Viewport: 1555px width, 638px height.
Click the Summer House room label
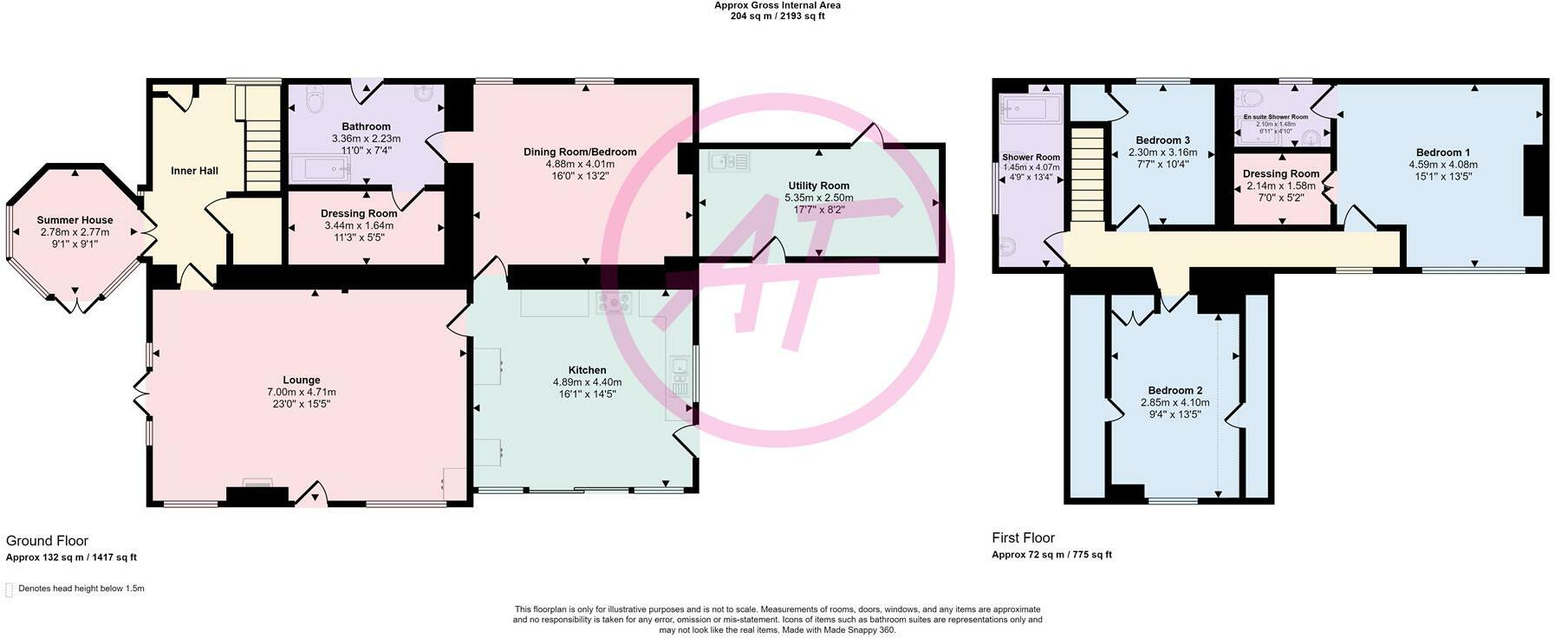click(75, 220)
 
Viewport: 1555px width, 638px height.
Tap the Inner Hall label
click(194, 171)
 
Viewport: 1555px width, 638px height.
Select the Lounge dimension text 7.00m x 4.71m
click(301, 392)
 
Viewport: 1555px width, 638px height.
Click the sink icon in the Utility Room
click(728, 161)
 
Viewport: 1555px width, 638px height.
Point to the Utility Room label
click(818, 186)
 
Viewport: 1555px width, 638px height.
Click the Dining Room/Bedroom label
click(580, 152)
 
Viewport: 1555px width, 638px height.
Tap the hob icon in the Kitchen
click(614, 303)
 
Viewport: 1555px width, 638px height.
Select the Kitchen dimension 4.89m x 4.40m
click(587, 382)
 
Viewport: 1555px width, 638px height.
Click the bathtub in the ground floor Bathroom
click(320, 167)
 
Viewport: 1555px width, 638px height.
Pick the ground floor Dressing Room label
click(359, 213)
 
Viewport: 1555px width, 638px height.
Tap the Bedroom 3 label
click(1162, 140)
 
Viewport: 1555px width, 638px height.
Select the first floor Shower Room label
click(1031, 158)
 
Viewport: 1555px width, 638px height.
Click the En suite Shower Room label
click(1275, 117)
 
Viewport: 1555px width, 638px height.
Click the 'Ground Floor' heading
click(47, 541)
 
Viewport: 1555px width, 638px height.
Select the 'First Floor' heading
click(1023, 537)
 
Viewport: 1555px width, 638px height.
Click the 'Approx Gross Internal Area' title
click(777, 5)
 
